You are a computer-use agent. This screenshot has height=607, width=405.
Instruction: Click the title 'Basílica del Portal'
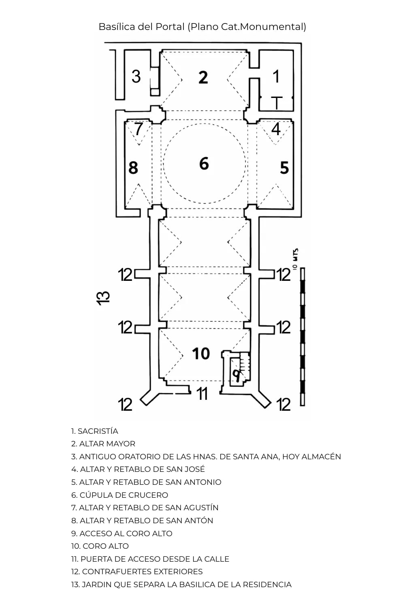(142, 27)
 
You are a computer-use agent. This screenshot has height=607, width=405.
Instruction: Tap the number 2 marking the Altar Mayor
(203, 77)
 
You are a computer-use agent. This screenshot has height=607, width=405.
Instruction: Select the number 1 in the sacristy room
(276, 76)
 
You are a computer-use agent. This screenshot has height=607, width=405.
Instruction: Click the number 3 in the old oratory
(136, 76)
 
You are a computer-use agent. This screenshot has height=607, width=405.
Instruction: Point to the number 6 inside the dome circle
(204, 163)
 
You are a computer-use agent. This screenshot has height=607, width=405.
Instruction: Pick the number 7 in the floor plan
(139, 129)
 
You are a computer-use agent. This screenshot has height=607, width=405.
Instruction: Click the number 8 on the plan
(133, 168)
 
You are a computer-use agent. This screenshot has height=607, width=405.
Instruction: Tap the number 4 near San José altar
(276, 129)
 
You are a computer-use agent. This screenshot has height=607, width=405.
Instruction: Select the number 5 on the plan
(284, 168)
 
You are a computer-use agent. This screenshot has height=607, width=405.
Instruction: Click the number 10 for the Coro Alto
(201, 354)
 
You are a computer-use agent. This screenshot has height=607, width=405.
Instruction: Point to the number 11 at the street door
(202, 393)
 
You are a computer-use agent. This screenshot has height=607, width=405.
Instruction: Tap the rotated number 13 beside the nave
(104, 297)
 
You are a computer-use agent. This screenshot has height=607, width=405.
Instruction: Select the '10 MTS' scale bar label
(295, 259)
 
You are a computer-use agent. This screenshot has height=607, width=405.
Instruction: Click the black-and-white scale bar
(303, 336)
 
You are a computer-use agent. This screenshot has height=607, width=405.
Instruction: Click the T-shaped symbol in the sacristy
(277, 103)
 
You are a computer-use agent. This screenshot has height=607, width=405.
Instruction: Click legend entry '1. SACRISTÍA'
(95, 431)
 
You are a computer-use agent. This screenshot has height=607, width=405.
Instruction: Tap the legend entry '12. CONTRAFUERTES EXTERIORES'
(137, 571)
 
